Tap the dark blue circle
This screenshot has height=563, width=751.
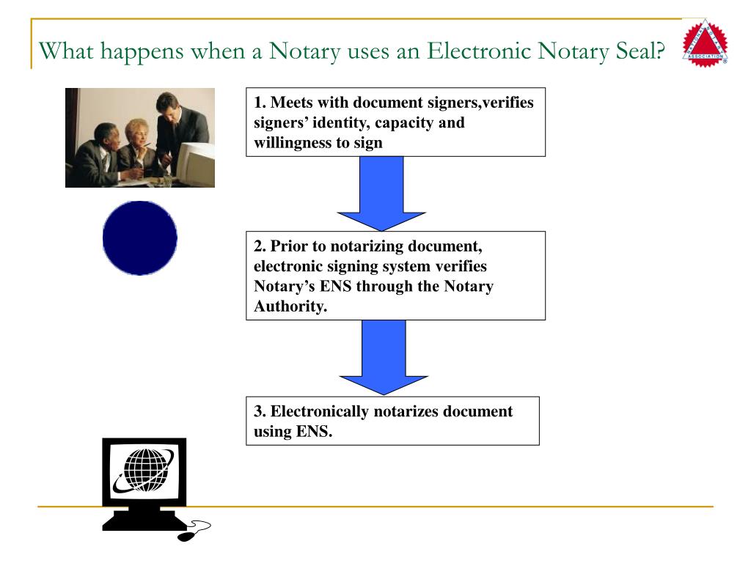[140, 238]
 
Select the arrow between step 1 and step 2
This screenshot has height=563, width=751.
[381, 193]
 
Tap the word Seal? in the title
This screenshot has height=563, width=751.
[642, 52]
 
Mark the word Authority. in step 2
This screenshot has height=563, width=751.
[290, 306]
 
